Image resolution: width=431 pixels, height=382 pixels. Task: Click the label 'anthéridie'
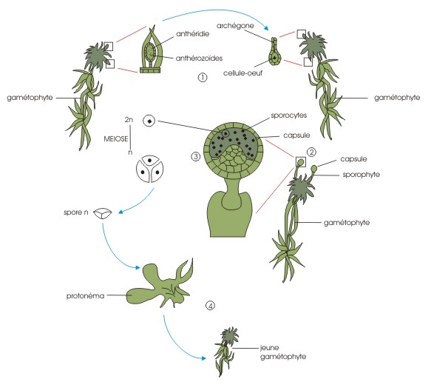193,34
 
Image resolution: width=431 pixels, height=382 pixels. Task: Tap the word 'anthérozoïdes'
199,58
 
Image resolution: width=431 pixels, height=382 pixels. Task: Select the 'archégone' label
235,26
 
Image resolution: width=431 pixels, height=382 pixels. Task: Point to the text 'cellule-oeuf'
242,73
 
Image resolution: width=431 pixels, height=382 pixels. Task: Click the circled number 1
203,78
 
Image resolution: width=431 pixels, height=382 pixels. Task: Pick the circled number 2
311,152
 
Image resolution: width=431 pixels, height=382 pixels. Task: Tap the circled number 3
196,157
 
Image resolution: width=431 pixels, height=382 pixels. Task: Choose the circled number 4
210,305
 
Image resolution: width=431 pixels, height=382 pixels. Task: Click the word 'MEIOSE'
116,138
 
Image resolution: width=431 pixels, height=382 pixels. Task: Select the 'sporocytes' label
289,115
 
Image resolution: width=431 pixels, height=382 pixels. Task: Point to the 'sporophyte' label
362,175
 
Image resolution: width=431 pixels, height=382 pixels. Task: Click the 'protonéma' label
86,296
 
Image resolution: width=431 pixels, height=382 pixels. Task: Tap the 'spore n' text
76,212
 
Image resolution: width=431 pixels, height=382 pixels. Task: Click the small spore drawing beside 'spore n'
103,213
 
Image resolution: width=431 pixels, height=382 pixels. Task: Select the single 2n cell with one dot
149,121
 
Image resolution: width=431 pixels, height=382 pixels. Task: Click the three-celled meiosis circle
150,169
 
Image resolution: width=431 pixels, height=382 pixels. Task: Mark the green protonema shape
162,285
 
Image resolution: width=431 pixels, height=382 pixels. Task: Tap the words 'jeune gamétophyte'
283,352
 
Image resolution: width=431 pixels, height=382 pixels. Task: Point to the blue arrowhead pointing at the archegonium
266,27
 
